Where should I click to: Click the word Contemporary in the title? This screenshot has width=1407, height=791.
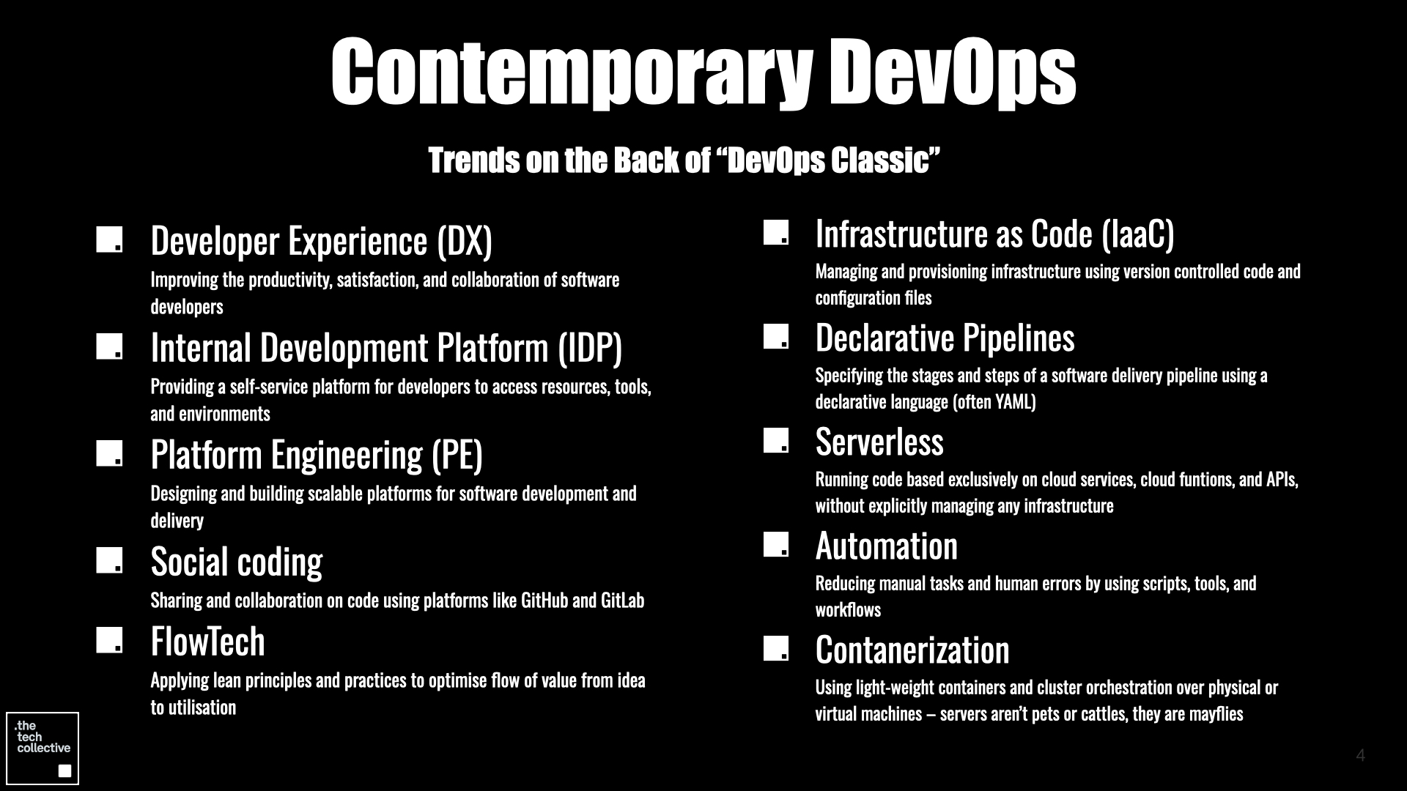pos(572,72)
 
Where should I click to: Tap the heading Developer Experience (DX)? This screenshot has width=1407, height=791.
pos(321,241)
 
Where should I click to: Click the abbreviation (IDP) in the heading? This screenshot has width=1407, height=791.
pos(590,348)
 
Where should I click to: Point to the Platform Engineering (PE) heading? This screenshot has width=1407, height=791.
pos(317,455)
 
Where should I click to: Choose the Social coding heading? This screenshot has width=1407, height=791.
pos(236,562)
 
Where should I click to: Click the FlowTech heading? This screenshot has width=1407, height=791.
pos(207,642)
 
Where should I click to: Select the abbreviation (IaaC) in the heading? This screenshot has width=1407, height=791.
pos(1137,234)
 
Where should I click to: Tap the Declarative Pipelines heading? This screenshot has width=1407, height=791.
pos(945,338)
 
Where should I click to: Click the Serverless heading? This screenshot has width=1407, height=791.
pos(879,442)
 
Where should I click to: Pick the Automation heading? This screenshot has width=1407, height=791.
pos(887,546)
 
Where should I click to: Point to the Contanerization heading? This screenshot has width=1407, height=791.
pos(912,650)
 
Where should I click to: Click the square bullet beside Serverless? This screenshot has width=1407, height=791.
pos(776,441)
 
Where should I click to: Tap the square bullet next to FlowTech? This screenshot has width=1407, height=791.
pos(109,640)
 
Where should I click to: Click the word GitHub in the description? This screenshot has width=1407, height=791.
pos(544,601)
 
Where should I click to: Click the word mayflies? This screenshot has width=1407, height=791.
pos(1216,714)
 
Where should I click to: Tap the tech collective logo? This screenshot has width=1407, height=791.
pos(43,749)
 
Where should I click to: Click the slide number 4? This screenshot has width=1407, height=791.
pos(1361,756)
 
